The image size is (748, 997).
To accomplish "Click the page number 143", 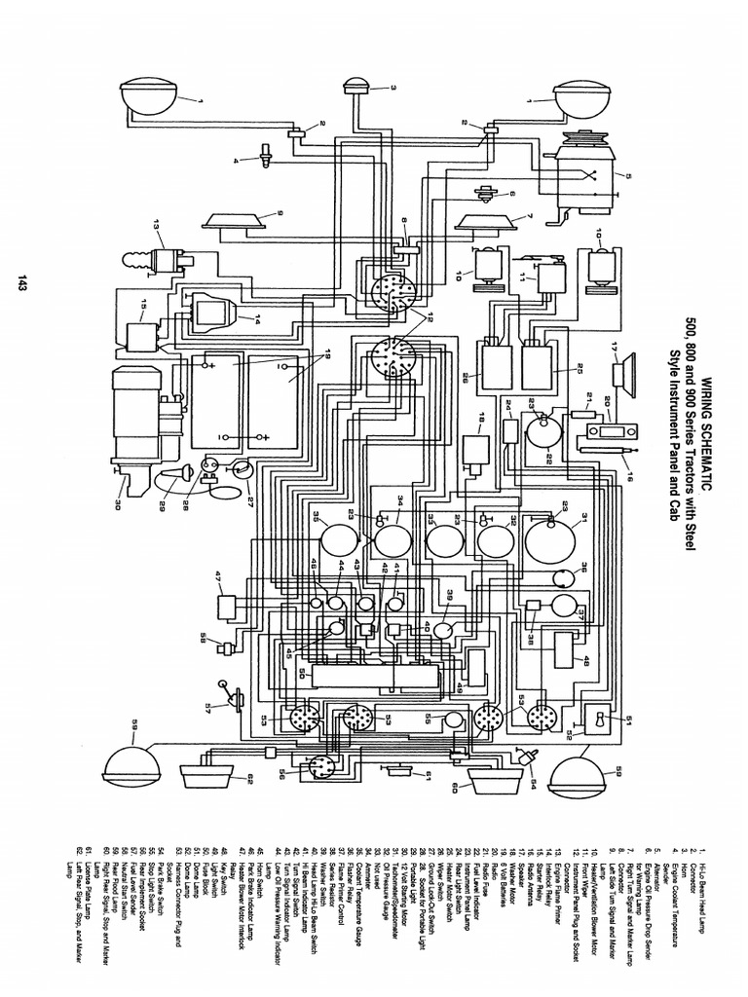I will [20, 283].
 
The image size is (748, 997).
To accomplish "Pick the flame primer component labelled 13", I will [160, 262].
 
